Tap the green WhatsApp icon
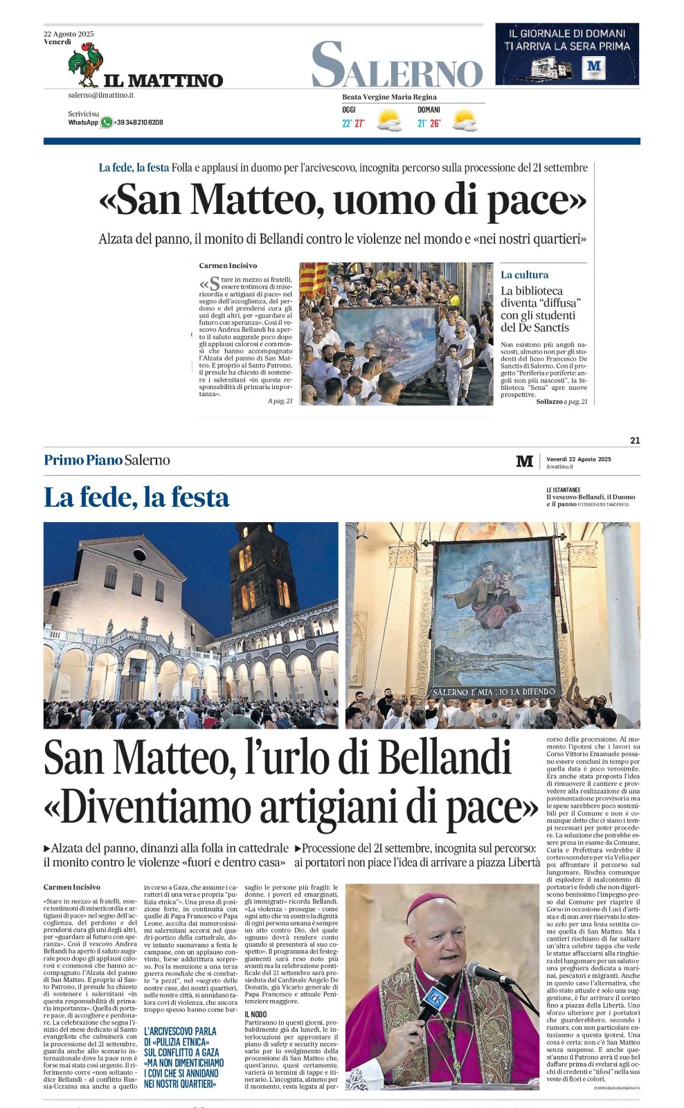click(x=106, y=123)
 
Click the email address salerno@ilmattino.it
click(x=100, y=95)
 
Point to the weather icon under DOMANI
click(x=464, y=120)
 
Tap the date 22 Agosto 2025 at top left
click(x=69, y=34)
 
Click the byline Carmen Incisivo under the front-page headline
click(x=228, y=265)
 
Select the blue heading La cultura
click(x=524, y=275)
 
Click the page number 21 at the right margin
click(x=635, y=440)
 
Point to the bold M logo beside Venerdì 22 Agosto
click(x=525, y=461)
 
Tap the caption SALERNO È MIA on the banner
click(x=494, y=691)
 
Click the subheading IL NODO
click(x=255, y=1015)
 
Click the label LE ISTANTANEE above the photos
click(x=563, y=490)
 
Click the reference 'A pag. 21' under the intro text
click(x=280, y=401)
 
